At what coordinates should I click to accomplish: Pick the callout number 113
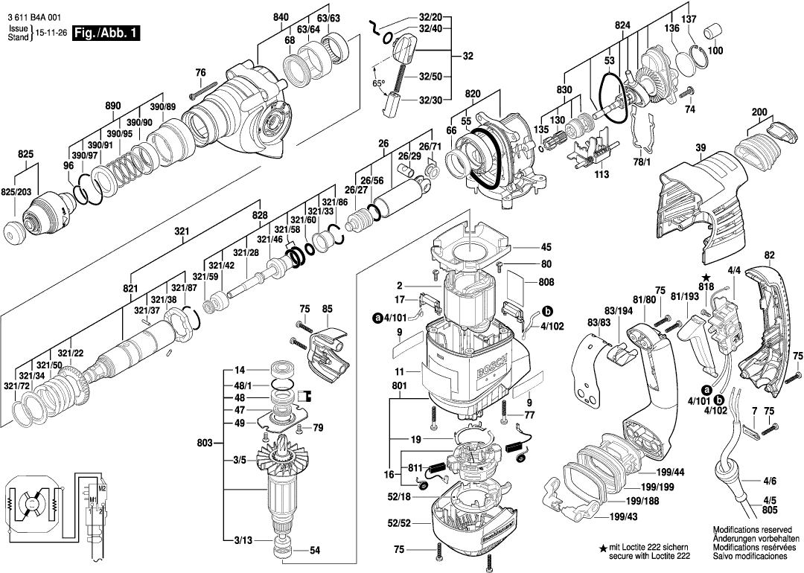[x=602, y=175]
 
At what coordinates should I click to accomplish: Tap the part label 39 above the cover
[x=701, y=148]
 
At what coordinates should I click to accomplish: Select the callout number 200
[x=759, y=112]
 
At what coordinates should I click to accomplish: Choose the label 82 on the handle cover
[x=769, y=255]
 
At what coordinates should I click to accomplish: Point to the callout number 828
[x=259, y=214]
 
